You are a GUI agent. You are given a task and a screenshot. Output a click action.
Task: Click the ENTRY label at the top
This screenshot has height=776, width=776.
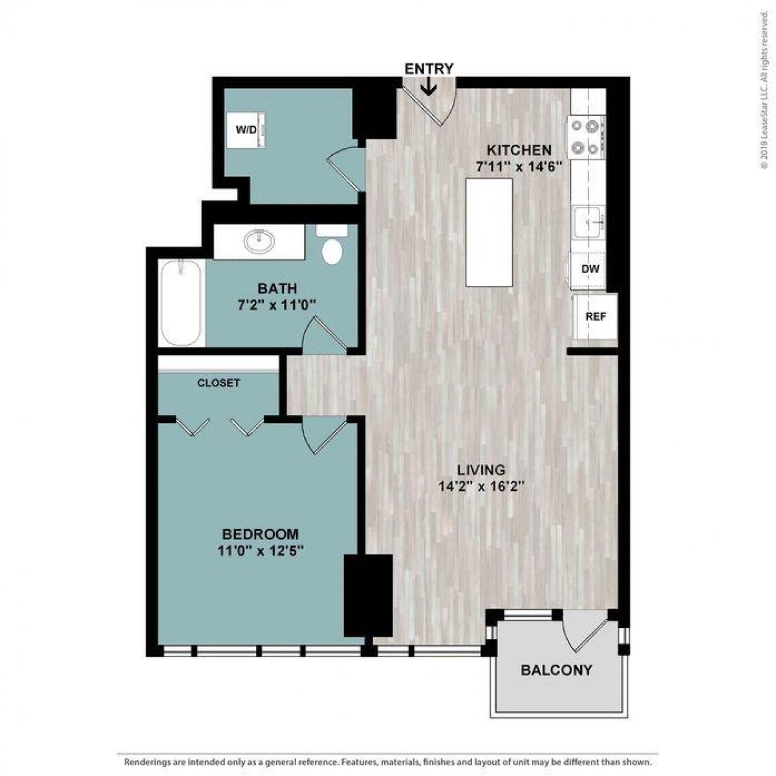pos(429,69)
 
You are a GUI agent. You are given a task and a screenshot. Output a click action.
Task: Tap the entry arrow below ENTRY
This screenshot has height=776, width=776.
pos(428,87)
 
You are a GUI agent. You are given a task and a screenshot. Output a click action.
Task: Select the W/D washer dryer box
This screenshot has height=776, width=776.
pos(247,130)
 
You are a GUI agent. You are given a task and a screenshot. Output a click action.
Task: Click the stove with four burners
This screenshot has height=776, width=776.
pos(587,136)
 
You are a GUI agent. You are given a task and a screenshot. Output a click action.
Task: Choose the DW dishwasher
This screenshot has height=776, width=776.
pos(588,269)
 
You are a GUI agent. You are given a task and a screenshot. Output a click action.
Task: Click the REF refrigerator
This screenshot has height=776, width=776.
pos(596,317)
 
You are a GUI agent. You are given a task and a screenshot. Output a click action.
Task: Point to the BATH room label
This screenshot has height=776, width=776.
pos(277,288)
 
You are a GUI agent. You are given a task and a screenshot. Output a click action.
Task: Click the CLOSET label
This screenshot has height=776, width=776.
pos(219,383)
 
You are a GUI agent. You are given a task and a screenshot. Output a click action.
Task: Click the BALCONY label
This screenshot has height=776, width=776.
pos(556,670)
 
